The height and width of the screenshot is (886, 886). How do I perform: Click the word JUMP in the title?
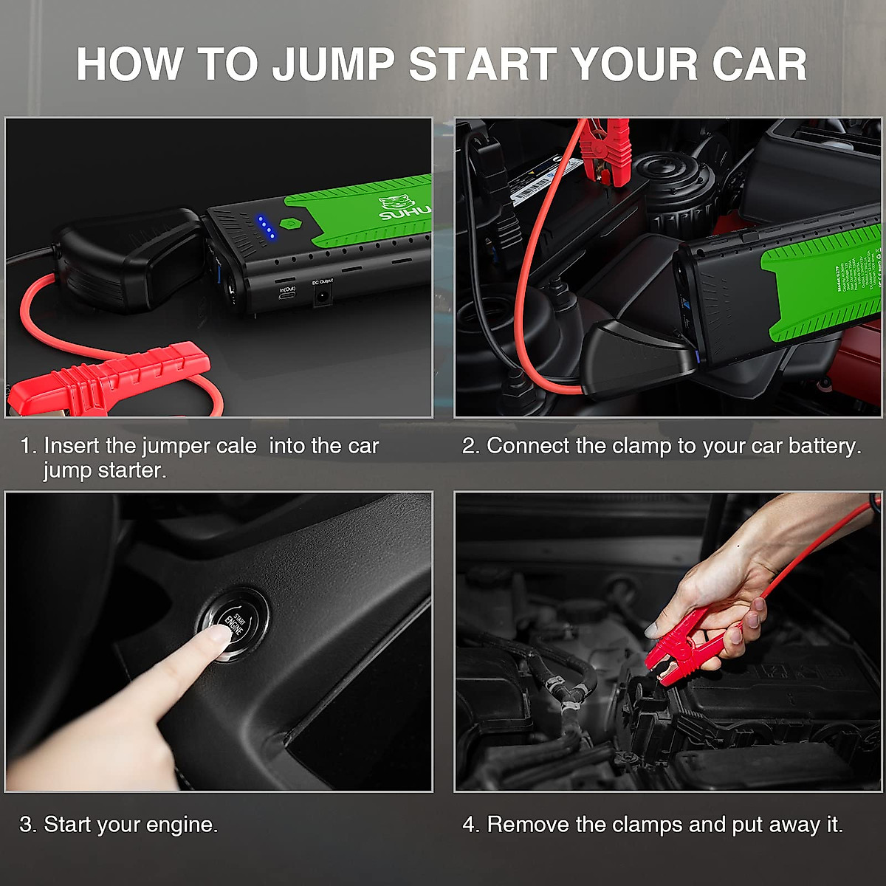pyautogui.click(x=333, y=64)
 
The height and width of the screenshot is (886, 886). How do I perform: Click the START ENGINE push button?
pyautogui.click(x=233, y=625)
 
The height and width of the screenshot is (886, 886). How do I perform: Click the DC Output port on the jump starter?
pyautogui.click(x=323, y=295)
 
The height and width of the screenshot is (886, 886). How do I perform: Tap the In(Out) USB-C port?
pyautogui.click(x=286, y=294)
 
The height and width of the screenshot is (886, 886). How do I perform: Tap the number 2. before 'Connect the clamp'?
pyautogui.click(x=471, y=446)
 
